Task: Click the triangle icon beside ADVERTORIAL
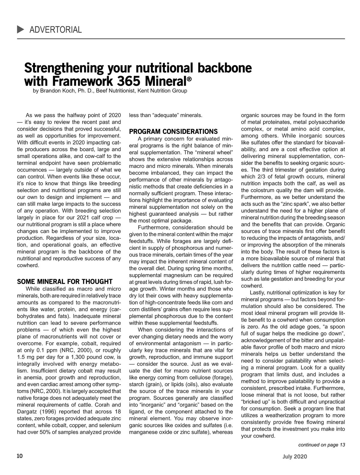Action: pos(21,29)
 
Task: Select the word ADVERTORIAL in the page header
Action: pos(55,30)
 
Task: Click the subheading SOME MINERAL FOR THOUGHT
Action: pos(65,282)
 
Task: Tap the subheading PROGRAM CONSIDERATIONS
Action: pos(173,132)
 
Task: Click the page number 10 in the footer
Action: pos(19,456)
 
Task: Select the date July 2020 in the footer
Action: pos(295,457)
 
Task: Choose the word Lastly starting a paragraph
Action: pos(257,292)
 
